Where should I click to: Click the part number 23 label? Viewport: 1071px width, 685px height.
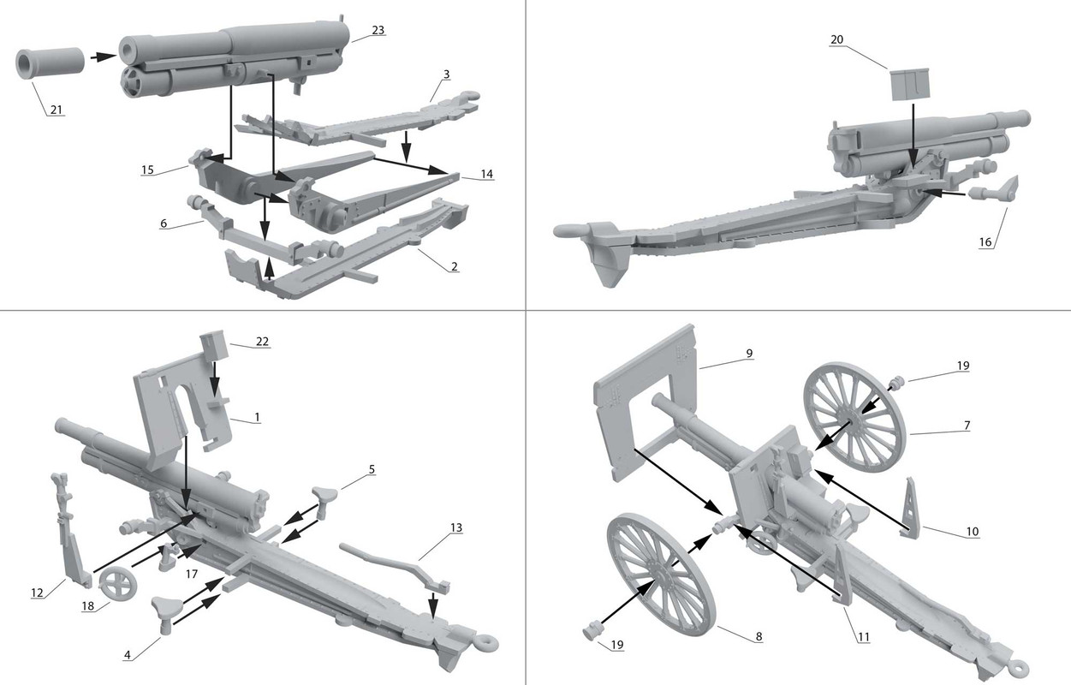378,30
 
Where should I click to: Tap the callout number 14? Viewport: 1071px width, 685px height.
486,174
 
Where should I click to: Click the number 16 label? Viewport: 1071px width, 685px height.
985,242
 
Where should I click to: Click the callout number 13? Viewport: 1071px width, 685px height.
456,527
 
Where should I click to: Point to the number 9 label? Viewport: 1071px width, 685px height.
749,352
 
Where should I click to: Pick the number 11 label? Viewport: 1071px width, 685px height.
863,636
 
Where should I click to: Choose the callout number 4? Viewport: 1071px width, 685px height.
128,656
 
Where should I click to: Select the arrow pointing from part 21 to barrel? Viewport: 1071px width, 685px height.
103,57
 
